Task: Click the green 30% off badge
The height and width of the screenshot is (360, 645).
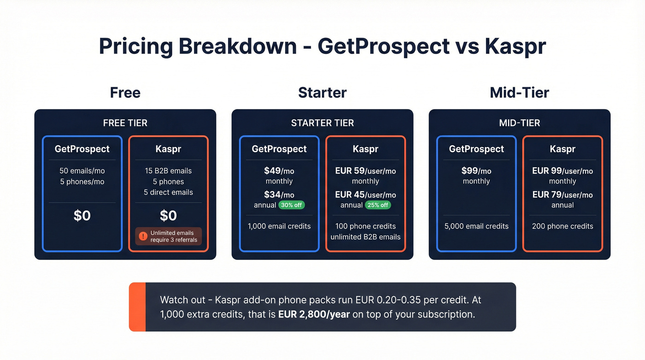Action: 292,205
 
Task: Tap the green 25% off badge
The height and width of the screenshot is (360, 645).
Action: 378,205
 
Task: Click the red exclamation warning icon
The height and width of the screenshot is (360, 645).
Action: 143,236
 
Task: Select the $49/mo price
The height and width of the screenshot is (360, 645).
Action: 279,171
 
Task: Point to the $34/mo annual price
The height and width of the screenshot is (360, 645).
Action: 279,195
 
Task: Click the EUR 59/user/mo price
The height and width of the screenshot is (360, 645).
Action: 365,171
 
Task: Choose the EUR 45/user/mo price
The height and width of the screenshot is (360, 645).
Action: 365,195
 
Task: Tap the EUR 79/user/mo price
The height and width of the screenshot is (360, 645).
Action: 563,195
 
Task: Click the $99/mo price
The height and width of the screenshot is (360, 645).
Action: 476,171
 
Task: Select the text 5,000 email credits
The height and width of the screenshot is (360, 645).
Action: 476,226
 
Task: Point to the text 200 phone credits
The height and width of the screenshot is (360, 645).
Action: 563,226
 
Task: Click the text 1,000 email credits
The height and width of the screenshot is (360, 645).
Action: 279,226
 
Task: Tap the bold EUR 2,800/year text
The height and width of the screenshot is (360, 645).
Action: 314,315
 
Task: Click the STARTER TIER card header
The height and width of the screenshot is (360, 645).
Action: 322,123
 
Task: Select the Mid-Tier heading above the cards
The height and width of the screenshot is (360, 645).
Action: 519,93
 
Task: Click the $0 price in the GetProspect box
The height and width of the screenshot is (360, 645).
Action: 82,216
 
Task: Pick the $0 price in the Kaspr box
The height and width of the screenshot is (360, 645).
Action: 168,216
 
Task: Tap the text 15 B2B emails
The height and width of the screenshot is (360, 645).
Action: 168,171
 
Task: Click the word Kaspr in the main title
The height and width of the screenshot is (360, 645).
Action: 515,47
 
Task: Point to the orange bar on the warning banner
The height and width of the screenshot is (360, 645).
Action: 137,307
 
